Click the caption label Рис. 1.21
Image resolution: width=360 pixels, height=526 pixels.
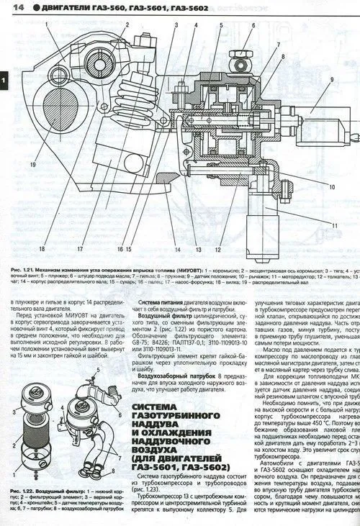click(23, 271)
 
